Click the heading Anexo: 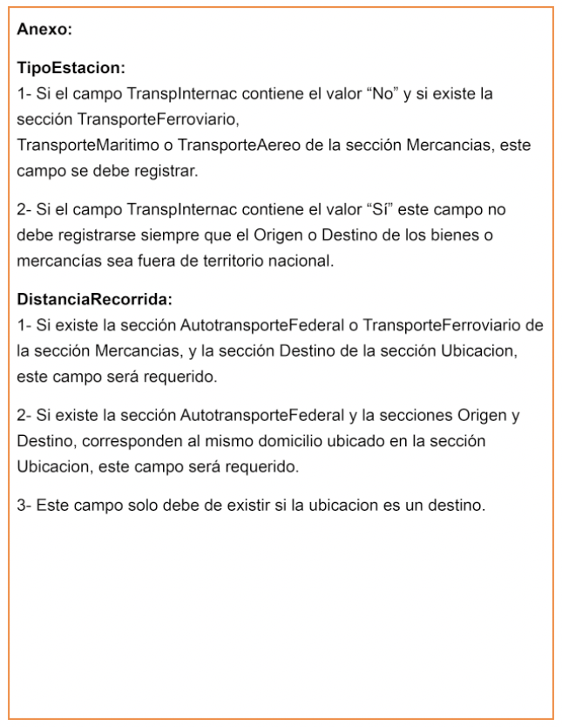tap(44, 30)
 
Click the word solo tap(134, 506)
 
